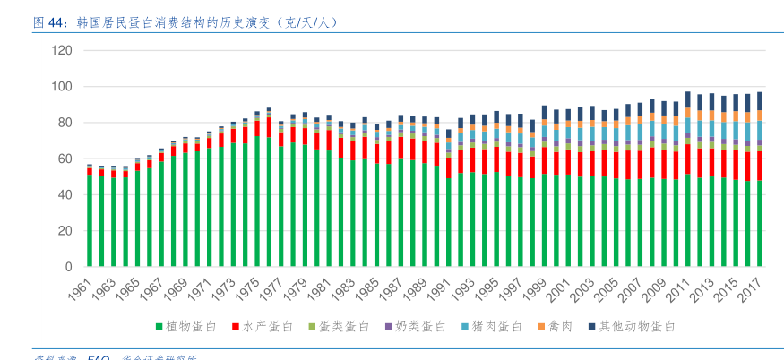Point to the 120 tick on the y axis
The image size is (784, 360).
(62, 50)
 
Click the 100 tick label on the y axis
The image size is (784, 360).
(62, 87)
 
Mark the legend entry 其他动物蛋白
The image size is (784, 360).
(637, 327)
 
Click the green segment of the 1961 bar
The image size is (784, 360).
(90, 220)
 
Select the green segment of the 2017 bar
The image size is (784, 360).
(760, 224)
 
